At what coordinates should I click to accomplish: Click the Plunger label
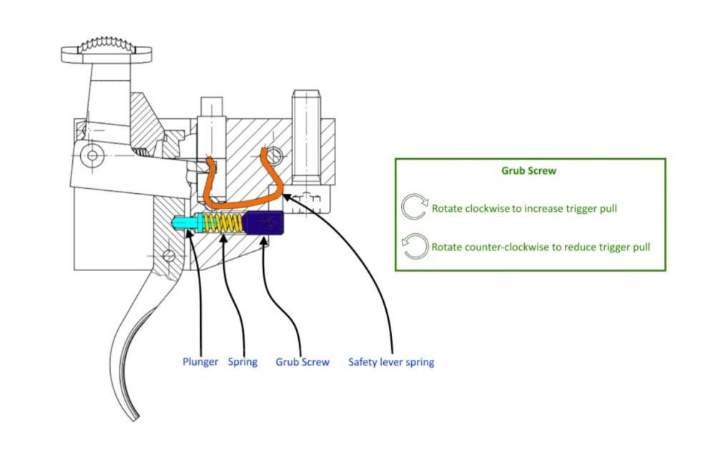click(200, 362)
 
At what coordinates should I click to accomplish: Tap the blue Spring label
click(242, 362)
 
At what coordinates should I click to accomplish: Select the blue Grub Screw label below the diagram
click(302, 362)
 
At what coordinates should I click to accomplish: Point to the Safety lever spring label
click(391, 362)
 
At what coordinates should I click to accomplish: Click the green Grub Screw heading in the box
click(529, 171)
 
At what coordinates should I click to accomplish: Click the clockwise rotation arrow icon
click(414, 207)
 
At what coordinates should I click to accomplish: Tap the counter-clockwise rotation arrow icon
click(415, 247)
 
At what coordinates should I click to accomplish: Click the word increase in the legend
click(533, 209)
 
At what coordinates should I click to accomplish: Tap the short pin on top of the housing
click(212, 107)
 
